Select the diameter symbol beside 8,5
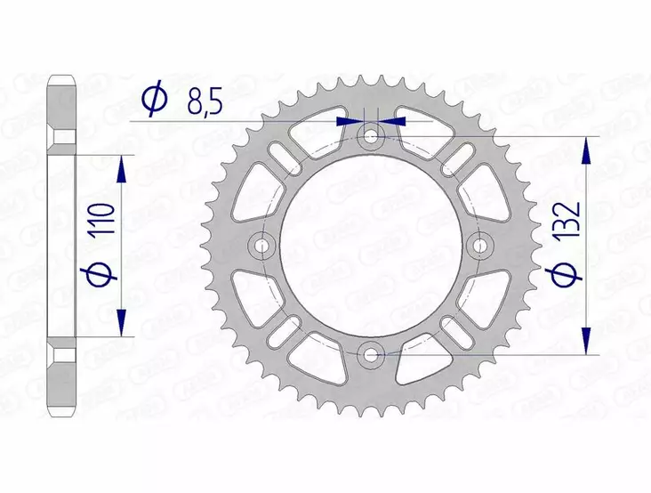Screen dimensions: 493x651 (x=152, y=100)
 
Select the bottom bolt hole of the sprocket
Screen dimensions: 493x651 (x=371, y=354)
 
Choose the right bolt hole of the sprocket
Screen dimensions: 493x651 (x=481, y=245)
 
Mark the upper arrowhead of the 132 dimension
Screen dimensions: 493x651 (x=586, y=151)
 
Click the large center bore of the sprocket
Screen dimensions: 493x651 (x=371, y=245)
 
